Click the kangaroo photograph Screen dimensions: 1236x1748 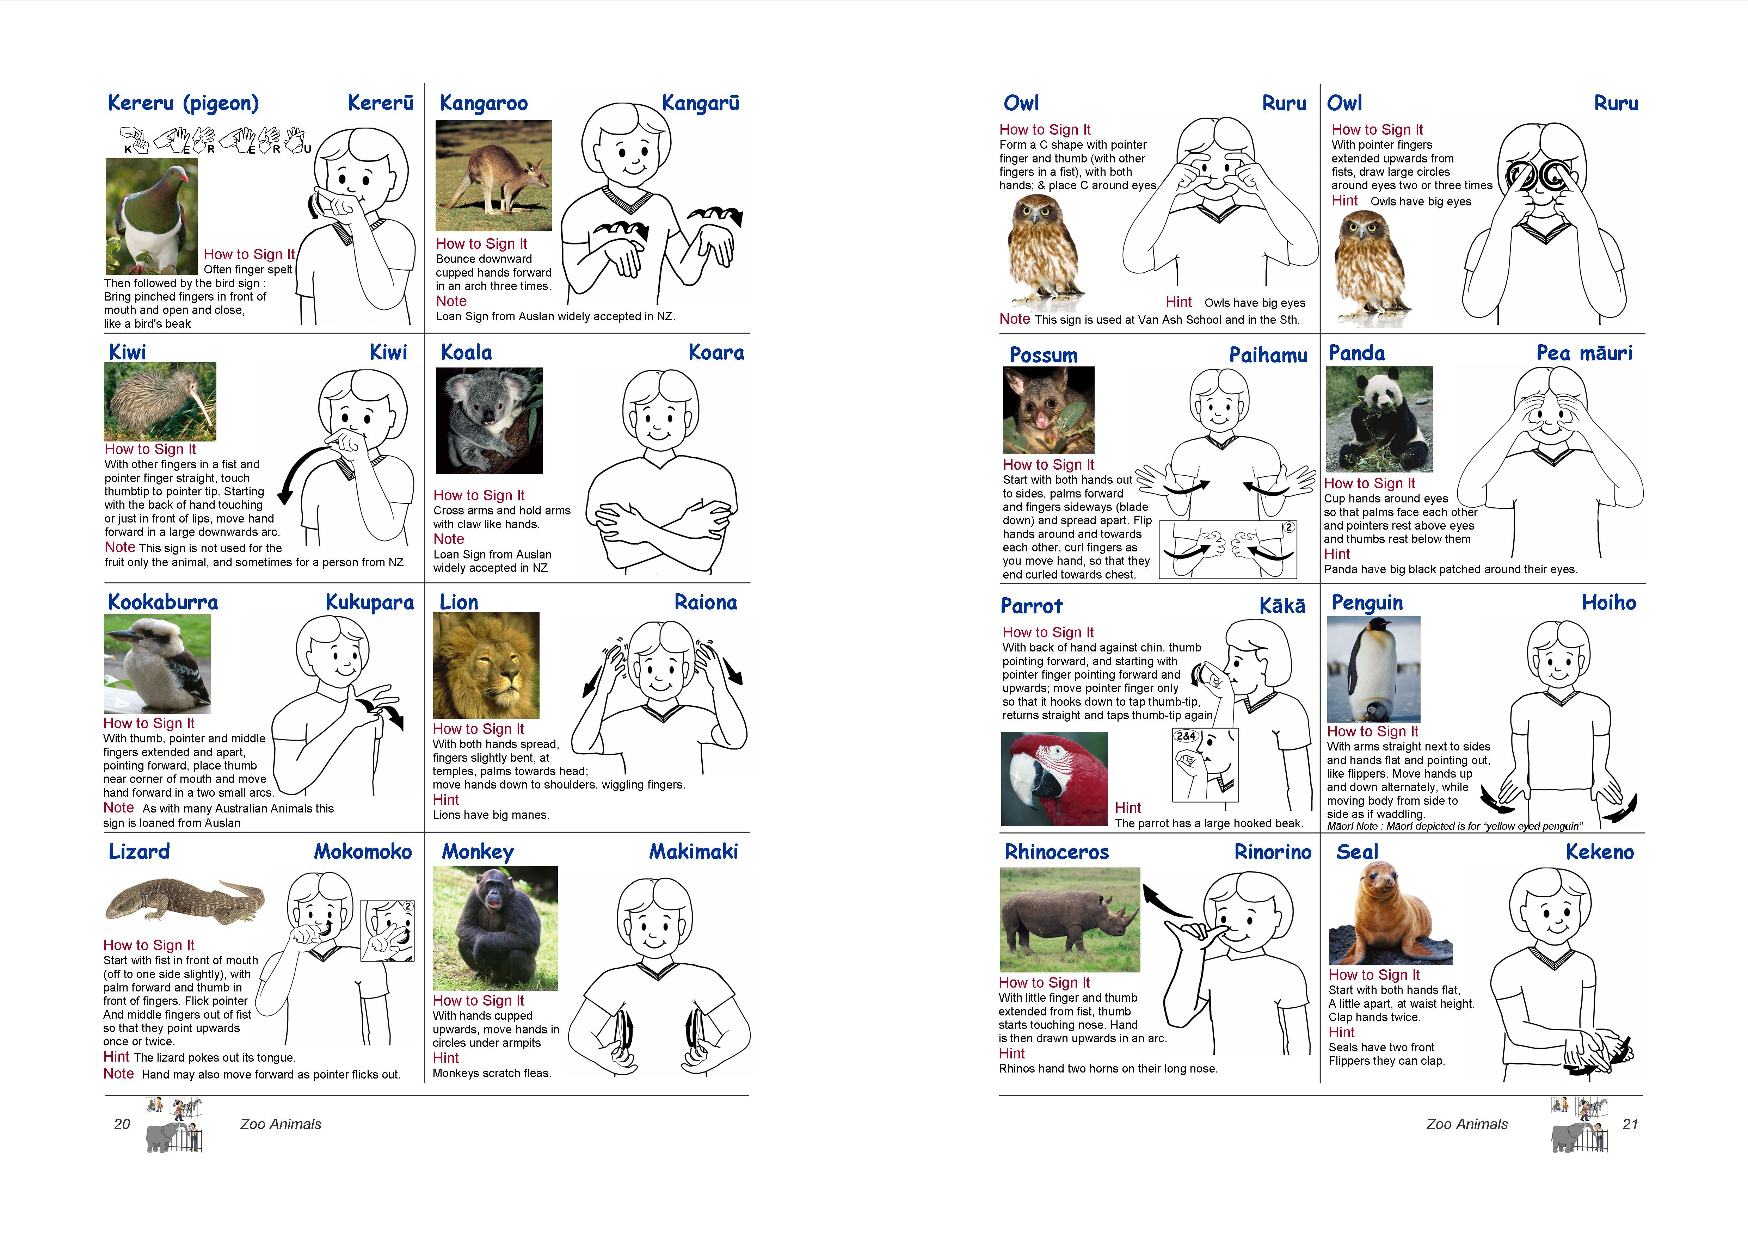[x=493, y=175]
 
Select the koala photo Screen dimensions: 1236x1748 [x=489, y=420]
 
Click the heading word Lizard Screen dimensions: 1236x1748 [x=139, y=852]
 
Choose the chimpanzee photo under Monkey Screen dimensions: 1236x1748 [x=495, y=928]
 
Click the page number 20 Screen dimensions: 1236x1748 [x=122, y=1124]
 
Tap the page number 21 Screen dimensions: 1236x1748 [x=1630, y=1124]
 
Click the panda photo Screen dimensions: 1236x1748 [x=1379, y=419]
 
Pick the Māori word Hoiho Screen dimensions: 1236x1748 [x=1609, y=603]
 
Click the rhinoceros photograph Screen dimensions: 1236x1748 [x=1070, y=919]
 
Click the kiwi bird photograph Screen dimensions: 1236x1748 [x=160, y=401]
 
